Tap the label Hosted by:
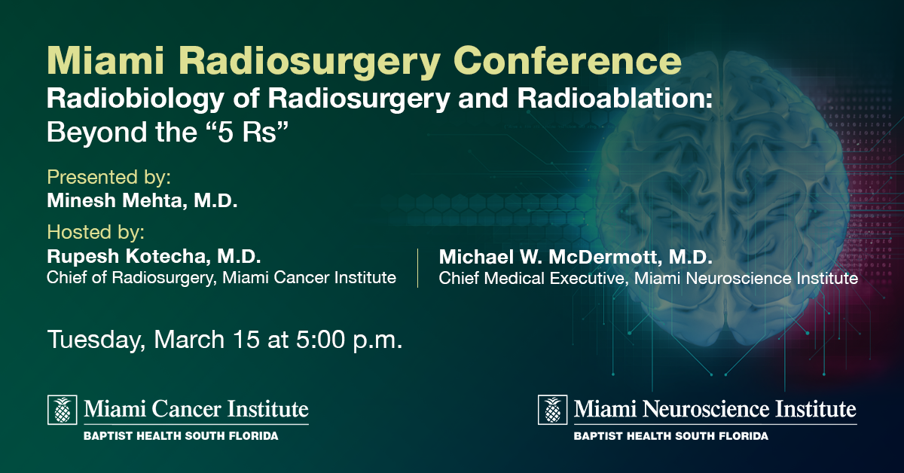tap(96, 230)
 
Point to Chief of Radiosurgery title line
tap(221, 278)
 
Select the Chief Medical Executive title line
tap(648, 279)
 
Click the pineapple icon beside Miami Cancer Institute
tap(63, 410)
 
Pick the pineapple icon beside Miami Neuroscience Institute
tap(553, 410)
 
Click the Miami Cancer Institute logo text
tap(196, 410)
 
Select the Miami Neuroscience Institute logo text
tap(715, 410)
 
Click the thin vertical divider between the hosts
tap(418, 267)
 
